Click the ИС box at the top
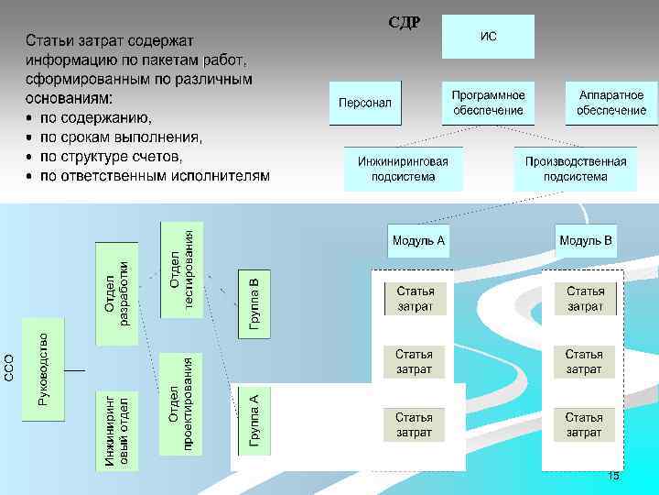pos(488,37)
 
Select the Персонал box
pos(364,103)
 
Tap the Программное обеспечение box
pos(488,103)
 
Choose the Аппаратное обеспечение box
pos(611,103)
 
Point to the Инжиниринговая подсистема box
pos(403,169)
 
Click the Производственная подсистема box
pos(575,169)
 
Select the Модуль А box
pos(418,241)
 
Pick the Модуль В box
pos(586,241)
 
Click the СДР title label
pos(404,22)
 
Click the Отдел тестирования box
pos(181,269)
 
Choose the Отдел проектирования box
pos(181,403)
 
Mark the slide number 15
pos(613,476)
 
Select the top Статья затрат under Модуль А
pos(415,298)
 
